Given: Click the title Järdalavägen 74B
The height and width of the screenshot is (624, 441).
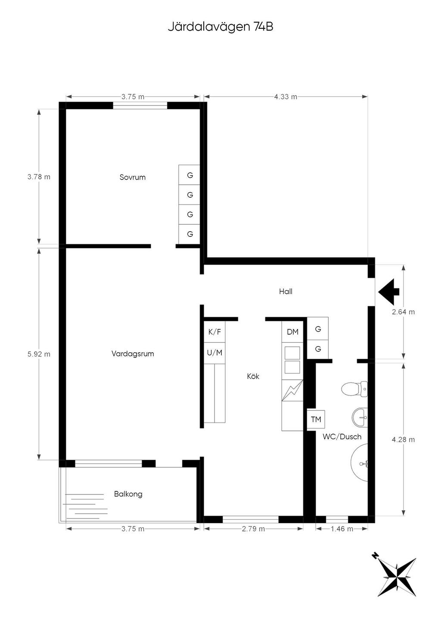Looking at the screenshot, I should click(x=220, y=27).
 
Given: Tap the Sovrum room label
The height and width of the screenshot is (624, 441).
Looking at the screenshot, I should click(x=133, y=177).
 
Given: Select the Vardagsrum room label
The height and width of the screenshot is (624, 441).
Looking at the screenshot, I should click(x=133, y=354).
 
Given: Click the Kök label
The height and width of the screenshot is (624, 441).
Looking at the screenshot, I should click(x=253, y=376).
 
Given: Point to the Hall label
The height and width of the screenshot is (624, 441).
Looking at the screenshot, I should click(x=286, y=292).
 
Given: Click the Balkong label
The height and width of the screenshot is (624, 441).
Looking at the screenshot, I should click(x=128, y=494).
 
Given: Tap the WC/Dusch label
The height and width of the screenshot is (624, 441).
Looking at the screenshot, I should click(x=342, y=436).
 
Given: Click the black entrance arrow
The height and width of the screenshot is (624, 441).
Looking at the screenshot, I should click(x=389, y=292).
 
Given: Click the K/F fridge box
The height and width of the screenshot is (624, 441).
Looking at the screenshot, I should click(x=214, y=332).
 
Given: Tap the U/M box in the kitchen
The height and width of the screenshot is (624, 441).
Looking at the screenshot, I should click(x=214, y=353).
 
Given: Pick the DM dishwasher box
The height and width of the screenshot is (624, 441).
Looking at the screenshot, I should click(x=292, y=332).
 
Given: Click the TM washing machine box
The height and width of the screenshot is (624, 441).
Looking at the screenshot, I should click(x=316, y=419).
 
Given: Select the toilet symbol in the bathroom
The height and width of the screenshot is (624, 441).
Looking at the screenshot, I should click(x=354, y=389).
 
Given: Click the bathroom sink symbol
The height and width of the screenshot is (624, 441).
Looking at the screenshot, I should click(x=360, y=417).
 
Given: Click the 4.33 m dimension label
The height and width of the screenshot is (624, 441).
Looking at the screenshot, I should click(x=286, y=97).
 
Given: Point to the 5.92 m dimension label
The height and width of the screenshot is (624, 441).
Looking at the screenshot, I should click(x=39, y=354).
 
